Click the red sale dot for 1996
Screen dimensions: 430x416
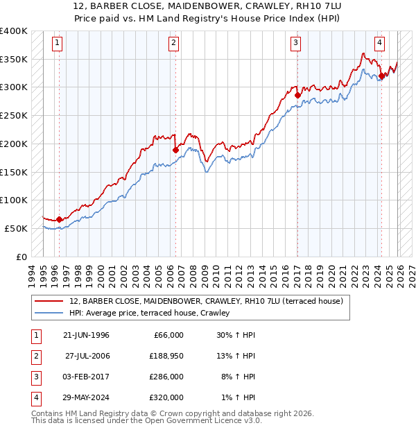(59, 219)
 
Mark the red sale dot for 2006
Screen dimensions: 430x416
(175, 150)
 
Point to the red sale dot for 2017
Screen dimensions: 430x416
(297, 95)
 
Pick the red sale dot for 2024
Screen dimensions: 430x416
(381, 76)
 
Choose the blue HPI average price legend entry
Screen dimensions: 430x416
(153, 313)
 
